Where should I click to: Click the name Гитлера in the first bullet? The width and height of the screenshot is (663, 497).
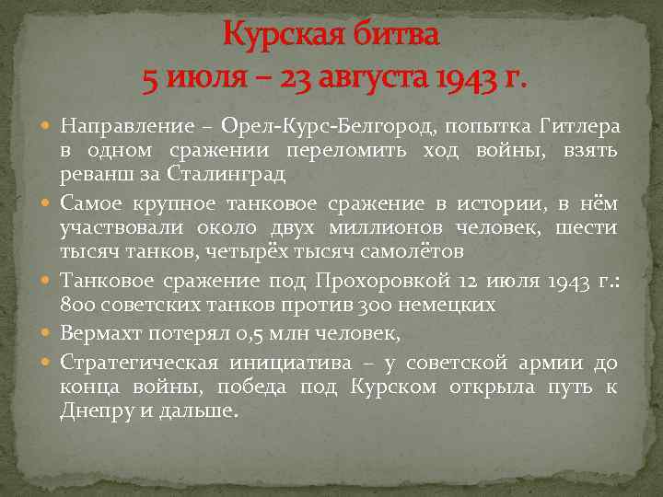578,125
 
